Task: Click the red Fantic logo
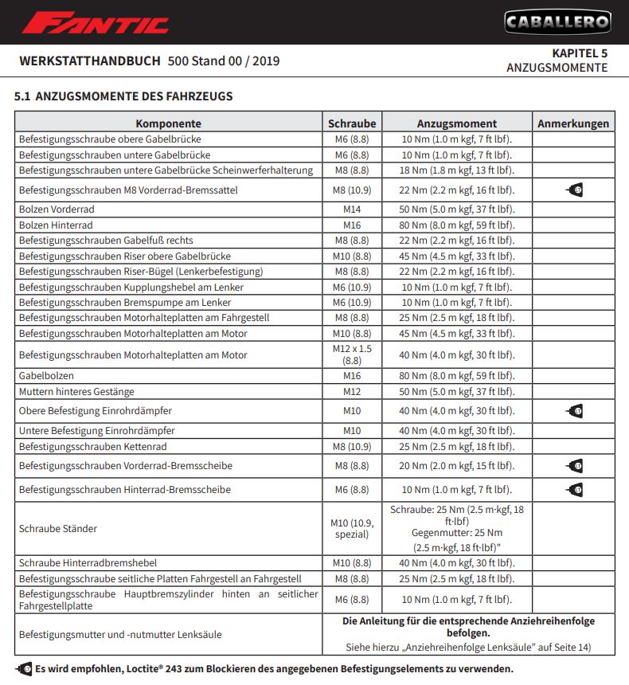click(x=96, y=22)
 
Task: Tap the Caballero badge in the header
click(x=557, y=22)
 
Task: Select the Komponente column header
click(x=168, y=123)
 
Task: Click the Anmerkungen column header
click(x=573, y=123)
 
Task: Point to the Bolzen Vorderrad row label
click(x=57, y=209)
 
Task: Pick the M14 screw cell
click(x=352, y=209)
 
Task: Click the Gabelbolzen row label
click(x=47, y=375)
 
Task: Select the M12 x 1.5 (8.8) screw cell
click(x=352, y=355)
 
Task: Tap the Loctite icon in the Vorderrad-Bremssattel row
click(x=574, y=190)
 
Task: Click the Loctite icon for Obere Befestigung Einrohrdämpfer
click(x=574, y=411)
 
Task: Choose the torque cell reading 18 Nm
click(x=457, y=170)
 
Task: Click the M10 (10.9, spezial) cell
click(x=352, y=528)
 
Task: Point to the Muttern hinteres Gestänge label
click(x=76, y=392)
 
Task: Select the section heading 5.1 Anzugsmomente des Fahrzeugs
click(x=123, y=96)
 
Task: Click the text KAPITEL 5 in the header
click(x=580, y=53)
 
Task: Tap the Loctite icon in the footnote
click(x=24, y=668)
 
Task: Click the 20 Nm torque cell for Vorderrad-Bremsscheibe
click(x=457, y=466)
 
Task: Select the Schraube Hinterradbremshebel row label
click(x=88, y=563)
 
